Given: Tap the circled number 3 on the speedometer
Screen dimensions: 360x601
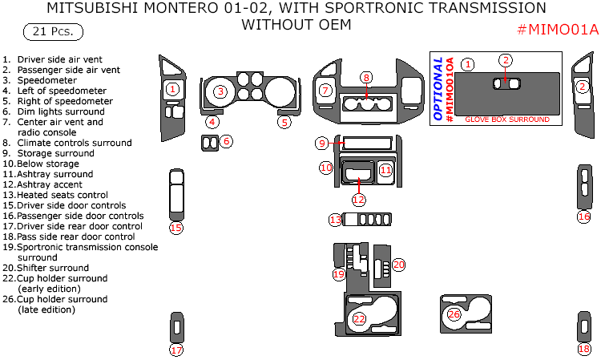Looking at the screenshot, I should pyautogui.click(x=220, y=92).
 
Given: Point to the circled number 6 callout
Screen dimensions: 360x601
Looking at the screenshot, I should pyautogui.click(x=227, y=141).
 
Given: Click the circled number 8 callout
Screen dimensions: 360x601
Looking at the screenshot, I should pyautogui.click(x=366, y=78).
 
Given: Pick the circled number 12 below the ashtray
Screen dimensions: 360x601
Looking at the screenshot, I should pyautogui.click(x=358, y=199).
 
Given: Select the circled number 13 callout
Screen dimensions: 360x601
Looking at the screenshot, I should pyautogui.click(x=336, y=220).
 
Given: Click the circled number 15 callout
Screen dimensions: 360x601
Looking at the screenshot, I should pyautogui.click(x=176, y=228).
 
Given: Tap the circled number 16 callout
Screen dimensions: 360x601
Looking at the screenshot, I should pyautogui.click(x=584, y=216).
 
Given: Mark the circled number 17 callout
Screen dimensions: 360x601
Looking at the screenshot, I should pyautogui.click(x=176, y=350).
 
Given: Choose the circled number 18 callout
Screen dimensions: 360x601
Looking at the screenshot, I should pyautogui.click(x=584, y=349).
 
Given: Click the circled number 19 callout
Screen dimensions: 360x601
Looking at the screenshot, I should pyautogui.click(x=339, y=274).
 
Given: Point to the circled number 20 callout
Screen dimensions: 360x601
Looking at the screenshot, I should pyautogui.click(x=398, y=265).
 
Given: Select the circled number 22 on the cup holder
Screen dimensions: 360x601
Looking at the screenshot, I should pyautogui.click(x=360, y=319).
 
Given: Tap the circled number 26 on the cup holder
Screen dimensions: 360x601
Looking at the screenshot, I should pyautogui.click(x=454, y=314).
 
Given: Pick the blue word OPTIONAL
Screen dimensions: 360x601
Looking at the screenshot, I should pyautogui.click(x=438, y=89).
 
